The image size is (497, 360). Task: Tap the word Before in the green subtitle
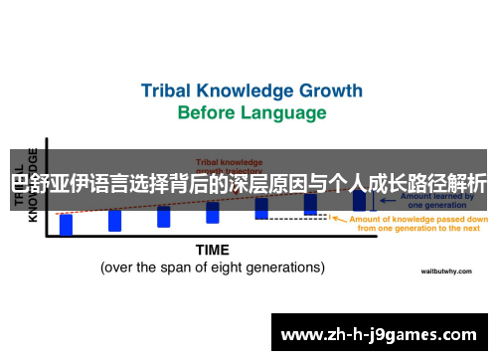click(208, 112)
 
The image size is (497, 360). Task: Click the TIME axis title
click(213, 249)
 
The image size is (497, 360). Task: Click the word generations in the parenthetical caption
click(286, 268)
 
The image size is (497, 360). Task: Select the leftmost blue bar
click(67, 224)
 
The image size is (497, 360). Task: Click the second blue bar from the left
click(115, 220)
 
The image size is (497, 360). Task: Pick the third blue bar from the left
click(163, 216)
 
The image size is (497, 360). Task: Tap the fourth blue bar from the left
click(212, 212)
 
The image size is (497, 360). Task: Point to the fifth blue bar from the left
click(260, 208)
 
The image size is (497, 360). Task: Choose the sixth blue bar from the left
click(310, 204)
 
